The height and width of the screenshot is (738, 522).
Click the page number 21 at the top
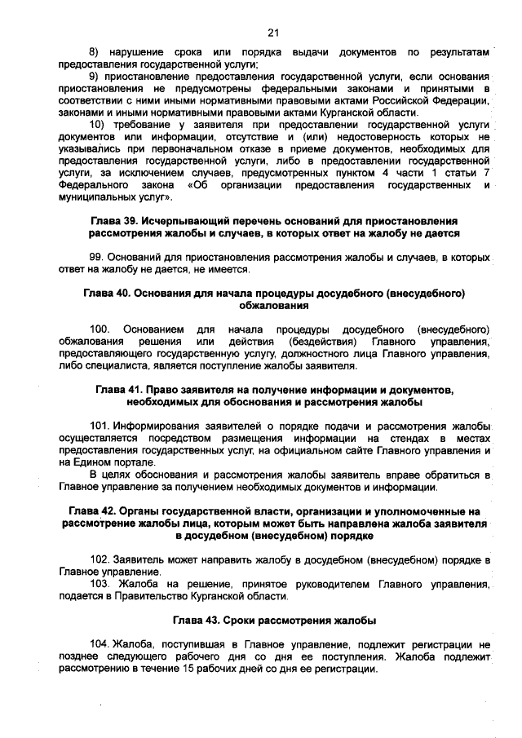click(x=273, y=33)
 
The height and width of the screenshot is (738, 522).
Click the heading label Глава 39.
click(x=115, y=221)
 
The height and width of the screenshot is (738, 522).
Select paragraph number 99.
click(x=96, y=258)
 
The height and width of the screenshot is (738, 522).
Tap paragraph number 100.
click(x=100, y=329)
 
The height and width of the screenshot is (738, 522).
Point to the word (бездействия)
click(x=324, y=341)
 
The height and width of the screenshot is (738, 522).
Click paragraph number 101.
click(x=100, y=426)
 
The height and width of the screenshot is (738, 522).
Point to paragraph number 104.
click(x=100, y=644)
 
